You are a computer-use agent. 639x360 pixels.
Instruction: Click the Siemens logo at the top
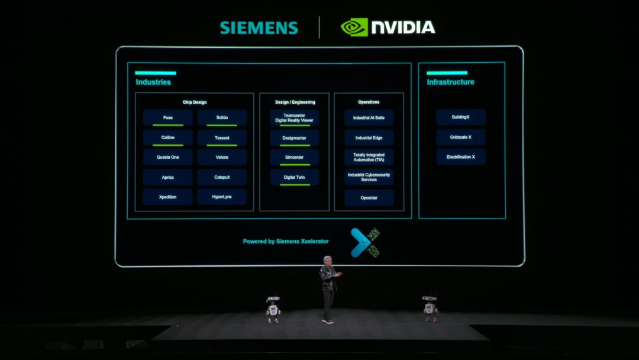[259, 28]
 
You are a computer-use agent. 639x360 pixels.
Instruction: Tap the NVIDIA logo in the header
[388, 27]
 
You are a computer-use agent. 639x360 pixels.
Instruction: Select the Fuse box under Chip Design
[168, 118]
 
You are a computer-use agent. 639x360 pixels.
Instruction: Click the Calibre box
[168, 138]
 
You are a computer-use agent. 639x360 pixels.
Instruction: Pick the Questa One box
[168, 157]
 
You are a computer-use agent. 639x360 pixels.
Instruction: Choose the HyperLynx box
[222, 197]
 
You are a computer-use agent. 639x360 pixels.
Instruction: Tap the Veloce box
[222, 157]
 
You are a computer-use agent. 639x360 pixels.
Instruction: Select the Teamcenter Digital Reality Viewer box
[294, 118]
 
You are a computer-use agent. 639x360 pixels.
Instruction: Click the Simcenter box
[294, 157]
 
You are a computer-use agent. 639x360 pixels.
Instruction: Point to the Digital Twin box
[294, 177]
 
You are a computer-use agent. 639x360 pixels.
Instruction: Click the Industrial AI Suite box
[369, 118]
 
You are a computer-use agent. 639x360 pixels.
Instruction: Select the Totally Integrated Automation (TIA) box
[369, 157]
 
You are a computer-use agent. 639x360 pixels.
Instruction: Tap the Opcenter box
[369, 197]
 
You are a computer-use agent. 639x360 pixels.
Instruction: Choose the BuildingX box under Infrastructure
[461, 117]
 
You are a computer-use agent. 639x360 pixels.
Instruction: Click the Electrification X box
[461, 157]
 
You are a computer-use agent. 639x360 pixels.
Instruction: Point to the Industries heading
[153, 82]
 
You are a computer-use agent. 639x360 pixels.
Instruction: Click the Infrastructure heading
[450, 82]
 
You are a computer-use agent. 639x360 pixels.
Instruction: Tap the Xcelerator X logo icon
[365, 242]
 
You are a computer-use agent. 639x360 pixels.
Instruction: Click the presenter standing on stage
[328, 289]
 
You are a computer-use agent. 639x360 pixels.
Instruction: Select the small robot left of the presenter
[273, 309]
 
